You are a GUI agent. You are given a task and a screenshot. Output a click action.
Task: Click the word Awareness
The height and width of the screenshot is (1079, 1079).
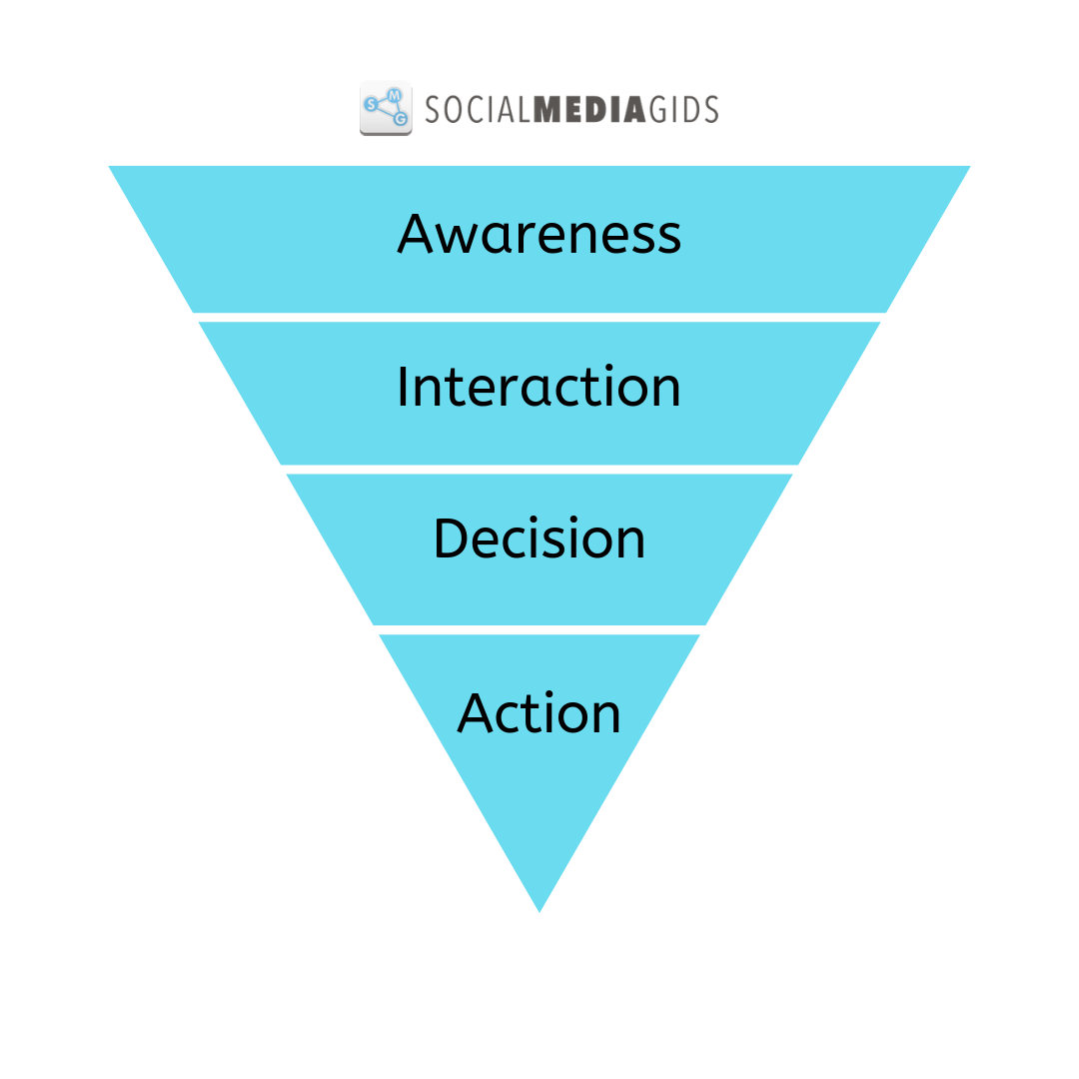[x=539, y=234]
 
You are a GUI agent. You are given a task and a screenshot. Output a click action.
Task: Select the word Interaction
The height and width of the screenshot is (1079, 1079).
[x=539, y=387]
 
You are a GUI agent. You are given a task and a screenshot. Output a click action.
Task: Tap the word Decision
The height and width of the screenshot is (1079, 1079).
[x=539, y=539]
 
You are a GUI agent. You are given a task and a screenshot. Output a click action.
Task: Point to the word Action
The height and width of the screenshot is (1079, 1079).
[x=539, y=713]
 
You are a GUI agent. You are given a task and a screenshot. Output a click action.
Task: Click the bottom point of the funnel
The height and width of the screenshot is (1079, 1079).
[x=539, y=909]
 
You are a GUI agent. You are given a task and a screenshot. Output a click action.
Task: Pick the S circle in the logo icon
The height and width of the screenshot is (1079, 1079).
[x=372, y=104]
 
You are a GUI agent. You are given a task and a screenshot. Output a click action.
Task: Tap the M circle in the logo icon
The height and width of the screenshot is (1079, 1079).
[x=395, y=94]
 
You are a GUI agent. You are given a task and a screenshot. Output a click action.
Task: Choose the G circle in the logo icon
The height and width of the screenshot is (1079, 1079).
[x=401, y=119]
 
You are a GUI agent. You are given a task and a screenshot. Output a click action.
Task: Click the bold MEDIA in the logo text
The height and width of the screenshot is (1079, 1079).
[x=590, y=109]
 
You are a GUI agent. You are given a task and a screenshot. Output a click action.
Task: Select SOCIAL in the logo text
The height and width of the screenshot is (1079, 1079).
[x=479, y=109]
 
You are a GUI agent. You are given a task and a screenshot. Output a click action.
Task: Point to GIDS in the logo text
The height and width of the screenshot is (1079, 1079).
[x=684, y=109]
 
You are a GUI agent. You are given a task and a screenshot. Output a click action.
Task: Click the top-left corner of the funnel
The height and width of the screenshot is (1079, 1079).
[x=111, y=168]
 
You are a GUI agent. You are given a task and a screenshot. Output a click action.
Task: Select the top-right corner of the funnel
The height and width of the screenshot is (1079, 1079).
[x=968, y=168]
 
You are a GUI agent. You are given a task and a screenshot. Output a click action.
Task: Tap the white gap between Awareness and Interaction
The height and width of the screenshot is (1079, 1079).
[x=539, y=317]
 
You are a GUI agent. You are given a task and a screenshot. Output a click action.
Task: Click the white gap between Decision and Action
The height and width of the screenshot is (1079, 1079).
[x=539, y=629]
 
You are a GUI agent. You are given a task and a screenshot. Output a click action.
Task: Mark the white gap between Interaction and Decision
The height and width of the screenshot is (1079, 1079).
[x=539, y=469]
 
